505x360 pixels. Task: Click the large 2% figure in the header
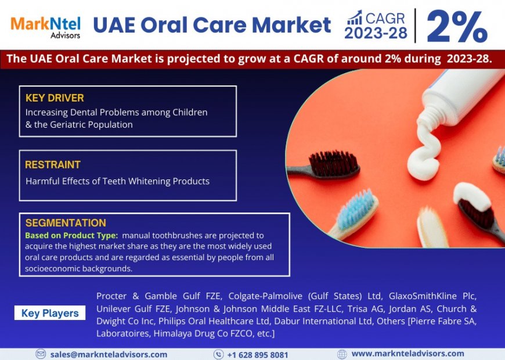point(457,26)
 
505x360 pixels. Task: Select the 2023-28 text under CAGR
point(376,34)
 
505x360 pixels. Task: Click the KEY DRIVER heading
point(55,98)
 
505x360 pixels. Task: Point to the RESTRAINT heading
point(53,165)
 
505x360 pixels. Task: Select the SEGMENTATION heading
point(66,223)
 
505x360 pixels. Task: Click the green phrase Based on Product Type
point(71,235)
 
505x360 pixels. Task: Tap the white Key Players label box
point(50,313)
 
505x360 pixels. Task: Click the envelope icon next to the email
point(41,354)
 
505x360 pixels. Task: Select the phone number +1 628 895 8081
point(257,354)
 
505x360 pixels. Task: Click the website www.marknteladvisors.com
point(407,354)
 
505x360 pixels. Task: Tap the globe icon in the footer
point(342,354)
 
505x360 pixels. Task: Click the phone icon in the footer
point(218,354)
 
